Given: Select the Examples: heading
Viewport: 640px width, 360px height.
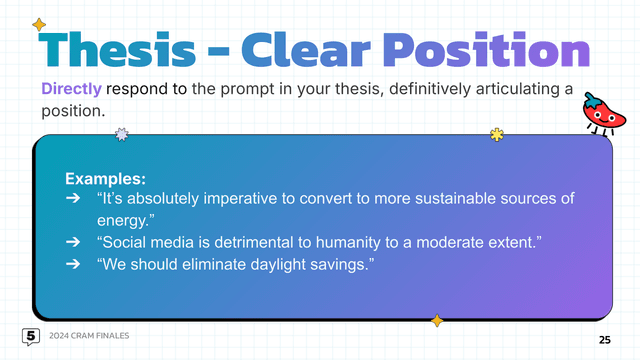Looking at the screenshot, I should click(x=105, y=178).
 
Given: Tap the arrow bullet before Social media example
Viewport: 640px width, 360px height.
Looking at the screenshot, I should click(x=73, y=242).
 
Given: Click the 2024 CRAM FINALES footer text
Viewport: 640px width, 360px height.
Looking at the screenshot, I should click(x=93, y=335).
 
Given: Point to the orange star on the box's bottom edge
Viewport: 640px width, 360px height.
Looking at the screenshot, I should click(x=436, y=320).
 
